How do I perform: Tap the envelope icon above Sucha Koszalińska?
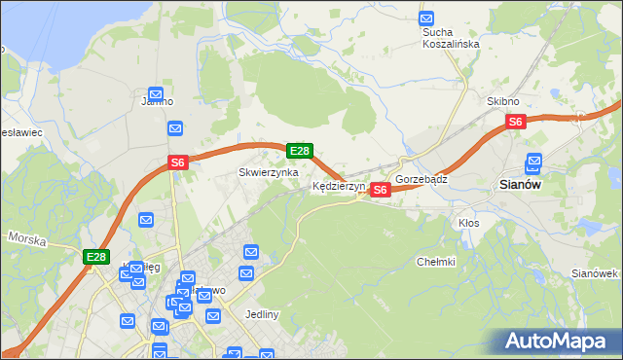[426, 18]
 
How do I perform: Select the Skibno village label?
[503, 101]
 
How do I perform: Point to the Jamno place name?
[157, 101]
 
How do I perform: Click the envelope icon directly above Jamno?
[156, 92]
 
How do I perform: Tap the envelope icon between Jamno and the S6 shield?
[175, 127]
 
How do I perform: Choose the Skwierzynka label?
[269, 172]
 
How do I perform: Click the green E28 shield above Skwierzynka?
[300, 151]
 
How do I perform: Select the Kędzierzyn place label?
[338, 186]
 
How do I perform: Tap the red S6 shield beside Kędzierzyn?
[381, 190]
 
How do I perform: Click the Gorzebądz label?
[421, 180]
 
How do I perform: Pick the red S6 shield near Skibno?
[516, 122]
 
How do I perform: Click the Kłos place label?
[469, 223]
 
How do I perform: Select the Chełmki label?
[436, 262]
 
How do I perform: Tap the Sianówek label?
[596, 273]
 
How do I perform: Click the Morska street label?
[27, 237]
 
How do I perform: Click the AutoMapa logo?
[560, 342]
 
